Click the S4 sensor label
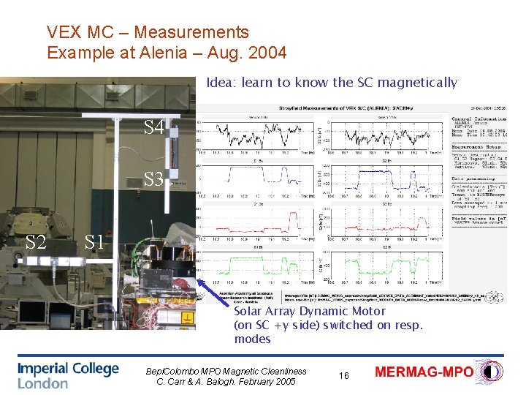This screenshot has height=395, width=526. pos(154,129)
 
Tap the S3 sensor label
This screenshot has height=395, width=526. pos(154,178)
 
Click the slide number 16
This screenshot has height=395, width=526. pos(344,375)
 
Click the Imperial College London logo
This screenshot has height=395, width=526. pos(68,375)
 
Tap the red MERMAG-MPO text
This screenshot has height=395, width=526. pos(424,372)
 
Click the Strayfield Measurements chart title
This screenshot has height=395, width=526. pos(321,105)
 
